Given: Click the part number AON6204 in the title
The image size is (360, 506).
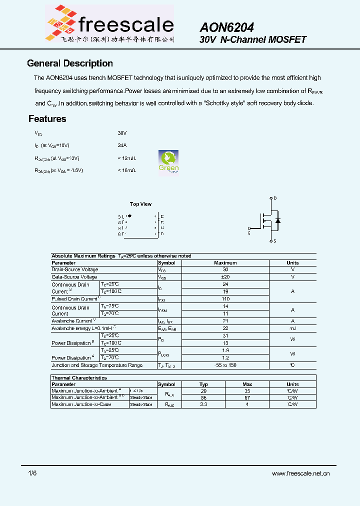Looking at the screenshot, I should click(x=226, y=27).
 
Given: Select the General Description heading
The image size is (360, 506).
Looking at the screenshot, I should click(x=69, y=63).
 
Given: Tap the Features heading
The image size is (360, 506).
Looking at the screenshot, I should click(x=47, y=119).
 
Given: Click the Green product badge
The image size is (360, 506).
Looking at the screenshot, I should click(x=168, y=161).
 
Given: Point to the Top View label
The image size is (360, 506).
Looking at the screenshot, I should click(x=140, y=204).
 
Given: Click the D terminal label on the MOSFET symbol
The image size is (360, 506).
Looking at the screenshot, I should click(x=275, y=198).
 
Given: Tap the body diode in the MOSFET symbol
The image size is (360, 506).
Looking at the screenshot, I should click(x=278, y=220).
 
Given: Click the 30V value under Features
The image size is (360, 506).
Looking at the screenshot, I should click(x=122, y=133).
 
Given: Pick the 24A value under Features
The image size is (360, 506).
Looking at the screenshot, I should click(x=122, y=145).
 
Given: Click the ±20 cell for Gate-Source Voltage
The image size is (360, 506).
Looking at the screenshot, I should click(x=225, y=276).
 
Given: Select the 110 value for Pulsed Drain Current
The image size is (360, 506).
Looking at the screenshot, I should click(x=225, y=299).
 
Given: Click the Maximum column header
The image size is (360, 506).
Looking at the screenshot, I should click(x=225, y=262).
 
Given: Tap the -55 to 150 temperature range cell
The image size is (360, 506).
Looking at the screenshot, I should click(x=225, y=365).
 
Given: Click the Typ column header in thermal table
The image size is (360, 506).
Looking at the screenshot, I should click(x=203, y=384).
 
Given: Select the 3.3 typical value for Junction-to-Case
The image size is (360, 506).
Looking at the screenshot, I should click(x=203, y=404).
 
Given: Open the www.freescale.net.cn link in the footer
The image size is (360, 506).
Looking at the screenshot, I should click(x=300, y=473).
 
